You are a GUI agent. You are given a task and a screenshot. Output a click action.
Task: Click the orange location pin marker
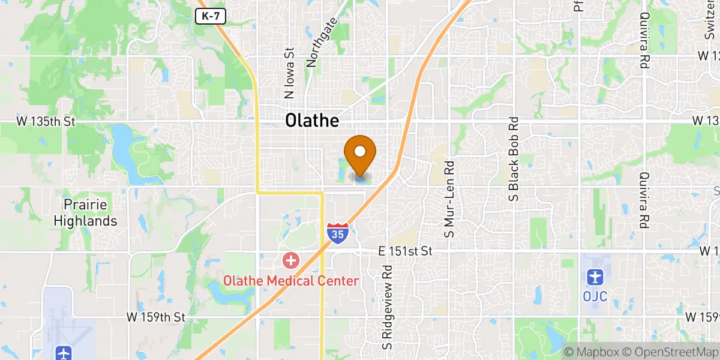coord(360,154)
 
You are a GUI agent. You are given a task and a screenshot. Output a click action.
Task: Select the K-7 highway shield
coord(211,17)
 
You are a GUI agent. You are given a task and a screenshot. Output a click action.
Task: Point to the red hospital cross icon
coord(291,261)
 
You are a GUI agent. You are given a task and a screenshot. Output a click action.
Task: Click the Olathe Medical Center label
coord(291,281)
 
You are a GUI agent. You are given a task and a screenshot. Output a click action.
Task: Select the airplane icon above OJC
coord(595,277)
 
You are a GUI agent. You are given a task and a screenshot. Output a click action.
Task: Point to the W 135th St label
coord(46,121)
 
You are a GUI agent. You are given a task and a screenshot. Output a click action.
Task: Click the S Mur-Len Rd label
coord(448,198)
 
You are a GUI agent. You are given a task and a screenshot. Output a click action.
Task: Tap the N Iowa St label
coord(289,73)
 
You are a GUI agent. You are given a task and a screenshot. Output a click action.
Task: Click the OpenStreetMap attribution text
coord(668,352)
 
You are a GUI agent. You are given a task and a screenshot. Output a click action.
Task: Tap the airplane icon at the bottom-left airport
coord(63,353)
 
